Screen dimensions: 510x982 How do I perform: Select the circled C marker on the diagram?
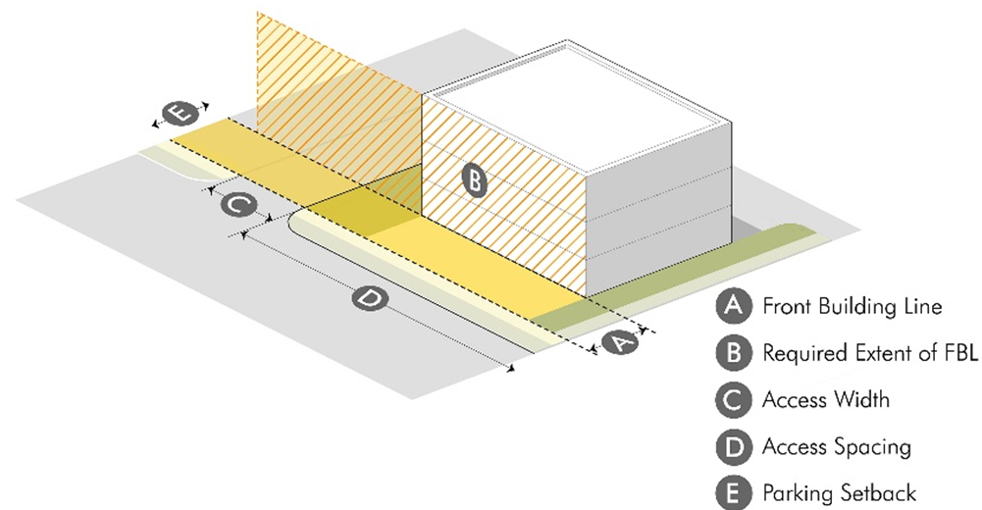point(238,206)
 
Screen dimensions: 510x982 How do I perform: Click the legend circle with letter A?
point(733,306)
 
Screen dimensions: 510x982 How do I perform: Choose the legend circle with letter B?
point(733,353)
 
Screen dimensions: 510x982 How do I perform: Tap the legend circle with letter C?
point(733,400)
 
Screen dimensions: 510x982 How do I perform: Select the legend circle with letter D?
point(733,447)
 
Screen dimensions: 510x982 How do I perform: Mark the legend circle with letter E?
point(733,493)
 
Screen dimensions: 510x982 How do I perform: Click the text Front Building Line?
point(852,306)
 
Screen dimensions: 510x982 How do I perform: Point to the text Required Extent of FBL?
point(870,353)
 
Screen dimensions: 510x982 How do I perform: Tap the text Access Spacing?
point(836,447)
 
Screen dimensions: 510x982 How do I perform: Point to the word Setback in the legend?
point(877,493)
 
